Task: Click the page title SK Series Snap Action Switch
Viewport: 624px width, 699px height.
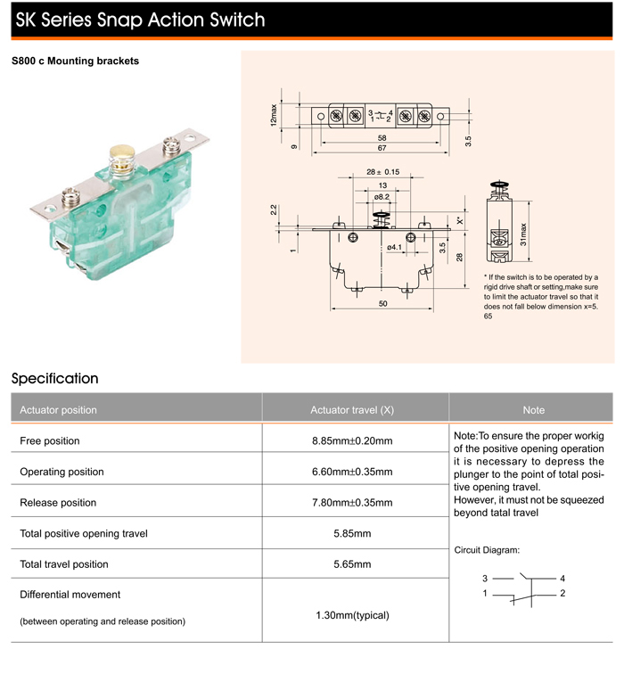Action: click(x=140, y=20)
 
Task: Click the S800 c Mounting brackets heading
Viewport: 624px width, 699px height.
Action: click(x=75, y=62)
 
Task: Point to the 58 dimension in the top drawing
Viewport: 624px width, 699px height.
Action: click(x=381, y=138)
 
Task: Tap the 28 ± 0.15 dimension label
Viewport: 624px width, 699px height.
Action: click(x=382, y=172)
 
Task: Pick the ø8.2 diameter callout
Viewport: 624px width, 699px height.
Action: click(x=382, y=196)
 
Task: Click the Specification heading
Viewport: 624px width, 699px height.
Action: click(x=55, y=379)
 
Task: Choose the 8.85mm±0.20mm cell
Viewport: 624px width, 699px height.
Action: click(x=352, y=441)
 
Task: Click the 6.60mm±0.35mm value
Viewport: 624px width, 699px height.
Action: click(x=352, y=472)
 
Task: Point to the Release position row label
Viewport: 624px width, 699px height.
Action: click(x=58, y=503)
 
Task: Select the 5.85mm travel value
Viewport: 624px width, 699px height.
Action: click(x=352, y=533)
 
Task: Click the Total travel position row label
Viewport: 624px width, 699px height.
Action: click(x=64, y=564)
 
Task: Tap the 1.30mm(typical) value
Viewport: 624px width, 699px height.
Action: click(x=352, y=615)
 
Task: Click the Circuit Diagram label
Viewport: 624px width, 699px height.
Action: click(x=487, y=550)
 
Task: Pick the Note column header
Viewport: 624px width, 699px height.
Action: click(x=533, y=410)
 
